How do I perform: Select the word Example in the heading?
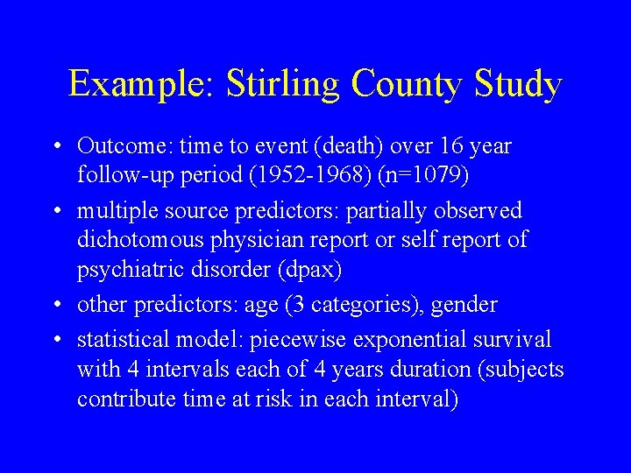139,85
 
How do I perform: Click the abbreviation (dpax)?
310,269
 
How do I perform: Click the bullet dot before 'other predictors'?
55,305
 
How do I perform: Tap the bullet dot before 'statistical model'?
55,339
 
